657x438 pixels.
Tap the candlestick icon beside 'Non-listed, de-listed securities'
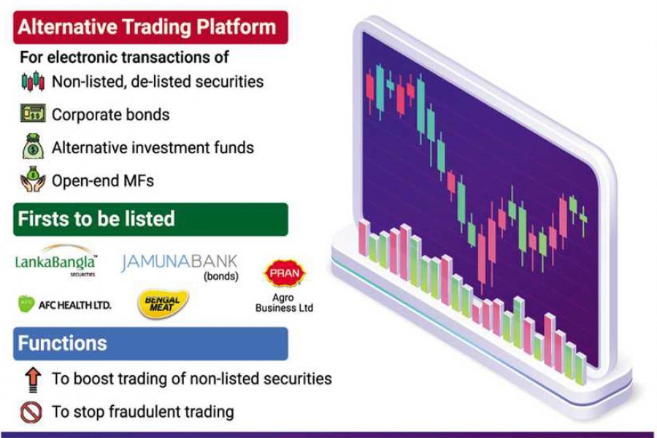[x=32, y=81]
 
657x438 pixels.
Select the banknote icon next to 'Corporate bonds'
[x=32, y=114]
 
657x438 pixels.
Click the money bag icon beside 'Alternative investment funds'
[x=32, y=147]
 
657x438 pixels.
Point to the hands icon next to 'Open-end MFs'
[x=32, y=180]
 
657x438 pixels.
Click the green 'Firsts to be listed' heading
[x=150, y=218]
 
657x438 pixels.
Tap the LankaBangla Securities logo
[x=56, y=261]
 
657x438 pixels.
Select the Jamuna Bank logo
[x=179, y=261]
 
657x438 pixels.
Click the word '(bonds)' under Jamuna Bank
[x=220, y=277]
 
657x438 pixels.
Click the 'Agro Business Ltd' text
[x=284, y=303]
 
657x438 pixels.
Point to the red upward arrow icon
[x=32, y=379]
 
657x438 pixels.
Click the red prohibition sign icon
[x=32, y=412]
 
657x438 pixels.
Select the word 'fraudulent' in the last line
[x=150, y=412]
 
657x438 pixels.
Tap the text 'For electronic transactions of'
[x=124, y=56]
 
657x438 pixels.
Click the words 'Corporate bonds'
[x=110, y=115]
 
